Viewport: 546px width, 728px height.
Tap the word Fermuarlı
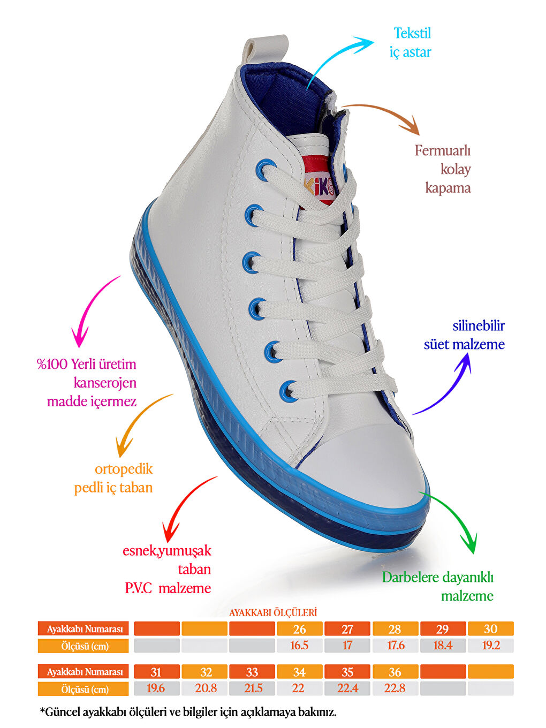(x=442, y=151)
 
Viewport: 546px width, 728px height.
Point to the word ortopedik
(x=124, y=469)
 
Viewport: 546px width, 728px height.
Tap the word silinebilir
(x=479, y=325)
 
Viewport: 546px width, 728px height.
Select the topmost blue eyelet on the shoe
(x=264, y=169)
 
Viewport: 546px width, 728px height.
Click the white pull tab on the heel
(x=265, y=50)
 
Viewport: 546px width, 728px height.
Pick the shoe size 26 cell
(x=299, y=628)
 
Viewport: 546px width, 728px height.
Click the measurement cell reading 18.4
(x=443, y=646)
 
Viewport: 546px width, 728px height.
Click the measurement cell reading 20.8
(x=204, y=688)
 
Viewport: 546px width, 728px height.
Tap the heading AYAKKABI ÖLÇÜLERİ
(x=273, y=612)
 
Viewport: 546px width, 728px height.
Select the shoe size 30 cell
(x=491, y=628)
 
